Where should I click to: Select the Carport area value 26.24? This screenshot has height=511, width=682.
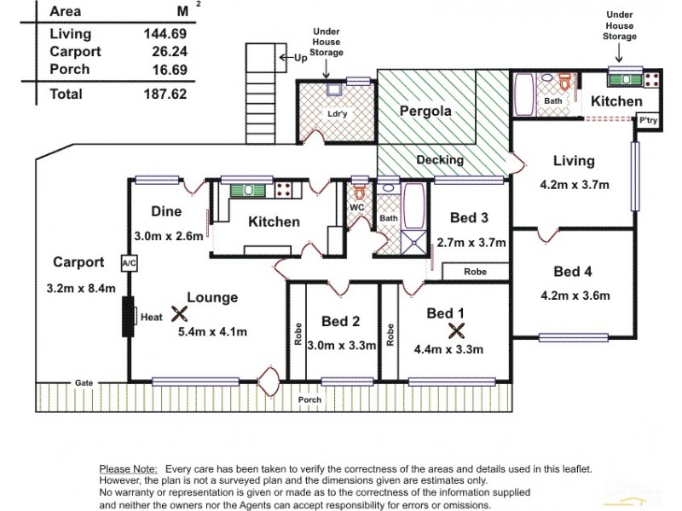165,52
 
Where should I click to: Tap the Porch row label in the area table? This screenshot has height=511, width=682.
70,70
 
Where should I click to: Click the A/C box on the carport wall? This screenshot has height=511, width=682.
130,264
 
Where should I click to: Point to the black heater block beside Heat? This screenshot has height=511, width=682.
130,317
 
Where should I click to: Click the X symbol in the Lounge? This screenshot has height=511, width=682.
178,313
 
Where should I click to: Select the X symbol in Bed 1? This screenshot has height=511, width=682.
457,330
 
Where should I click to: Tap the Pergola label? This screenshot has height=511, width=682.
425,111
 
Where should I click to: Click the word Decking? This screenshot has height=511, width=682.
440,159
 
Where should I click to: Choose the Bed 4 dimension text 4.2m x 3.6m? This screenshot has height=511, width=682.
575,296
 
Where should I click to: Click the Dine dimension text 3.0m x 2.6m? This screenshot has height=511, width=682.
168,236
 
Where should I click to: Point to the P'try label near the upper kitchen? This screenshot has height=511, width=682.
649,121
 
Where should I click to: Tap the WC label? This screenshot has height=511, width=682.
356,207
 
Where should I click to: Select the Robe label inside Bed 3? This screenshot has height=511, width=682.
475,273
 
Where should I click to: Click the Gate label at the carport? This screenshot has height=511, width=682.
83,382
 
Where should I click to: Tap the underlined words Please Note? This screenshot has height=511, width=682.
128,469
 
